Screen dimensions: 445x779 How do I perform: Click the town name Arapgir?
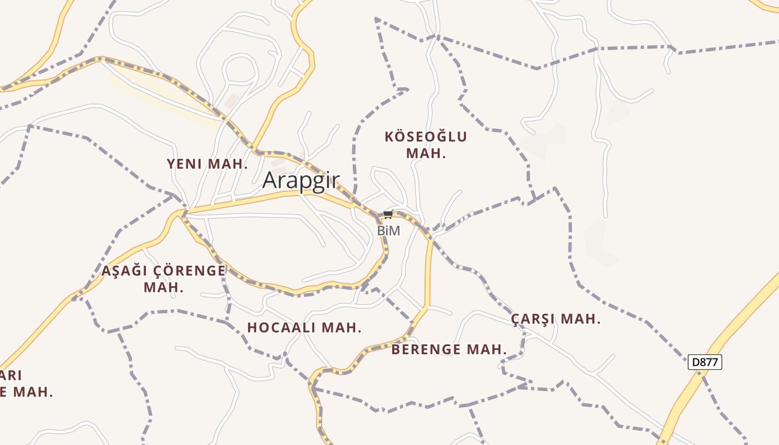pyautogui.click(x=300, y=180)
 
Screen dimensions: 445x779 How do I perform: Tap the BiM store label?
pyautogui.click(x=388, y=230)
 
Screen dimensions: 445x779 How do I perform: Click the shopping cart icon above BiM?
pyautogui.click(x=388, y=215)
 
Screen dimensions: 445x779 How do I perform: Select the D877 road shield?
pyautogui.click(x=705, y=363)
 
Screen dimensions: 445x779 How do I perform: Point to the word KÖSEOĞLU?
pyautogui.click(x=426, y=137)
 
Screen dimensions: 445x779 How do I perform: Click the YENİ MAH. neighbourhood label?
pyautogui.click(x=207, y=164)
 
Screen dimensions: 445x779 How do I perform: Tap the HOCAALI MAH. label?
pyautogui.click(x=304, y=328)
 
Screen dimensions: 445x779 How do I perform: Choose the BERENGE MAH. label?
pyautogui.click(x=449, y=349)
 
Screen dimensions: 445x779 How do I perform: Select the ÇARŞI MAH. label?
pyautogui.click(x=556, y=319)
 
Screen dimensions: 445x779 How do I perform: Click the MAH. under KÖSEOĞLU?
pyautogui.click(x=426, y=154)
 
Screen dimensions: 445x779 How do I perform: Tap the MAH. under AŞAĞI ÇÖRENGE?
pyautogui.click(x=164, y=288)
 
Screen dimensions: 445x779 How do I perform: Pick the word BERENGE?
pyautogui.click(x=426, y=349)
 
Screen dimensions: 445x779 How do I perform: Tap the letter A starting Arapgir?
pyautogui.click(x=269, y=180)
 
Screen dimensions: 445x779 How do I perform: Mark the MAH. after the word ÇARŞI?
pyautogui.click(x=581, y=319)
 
